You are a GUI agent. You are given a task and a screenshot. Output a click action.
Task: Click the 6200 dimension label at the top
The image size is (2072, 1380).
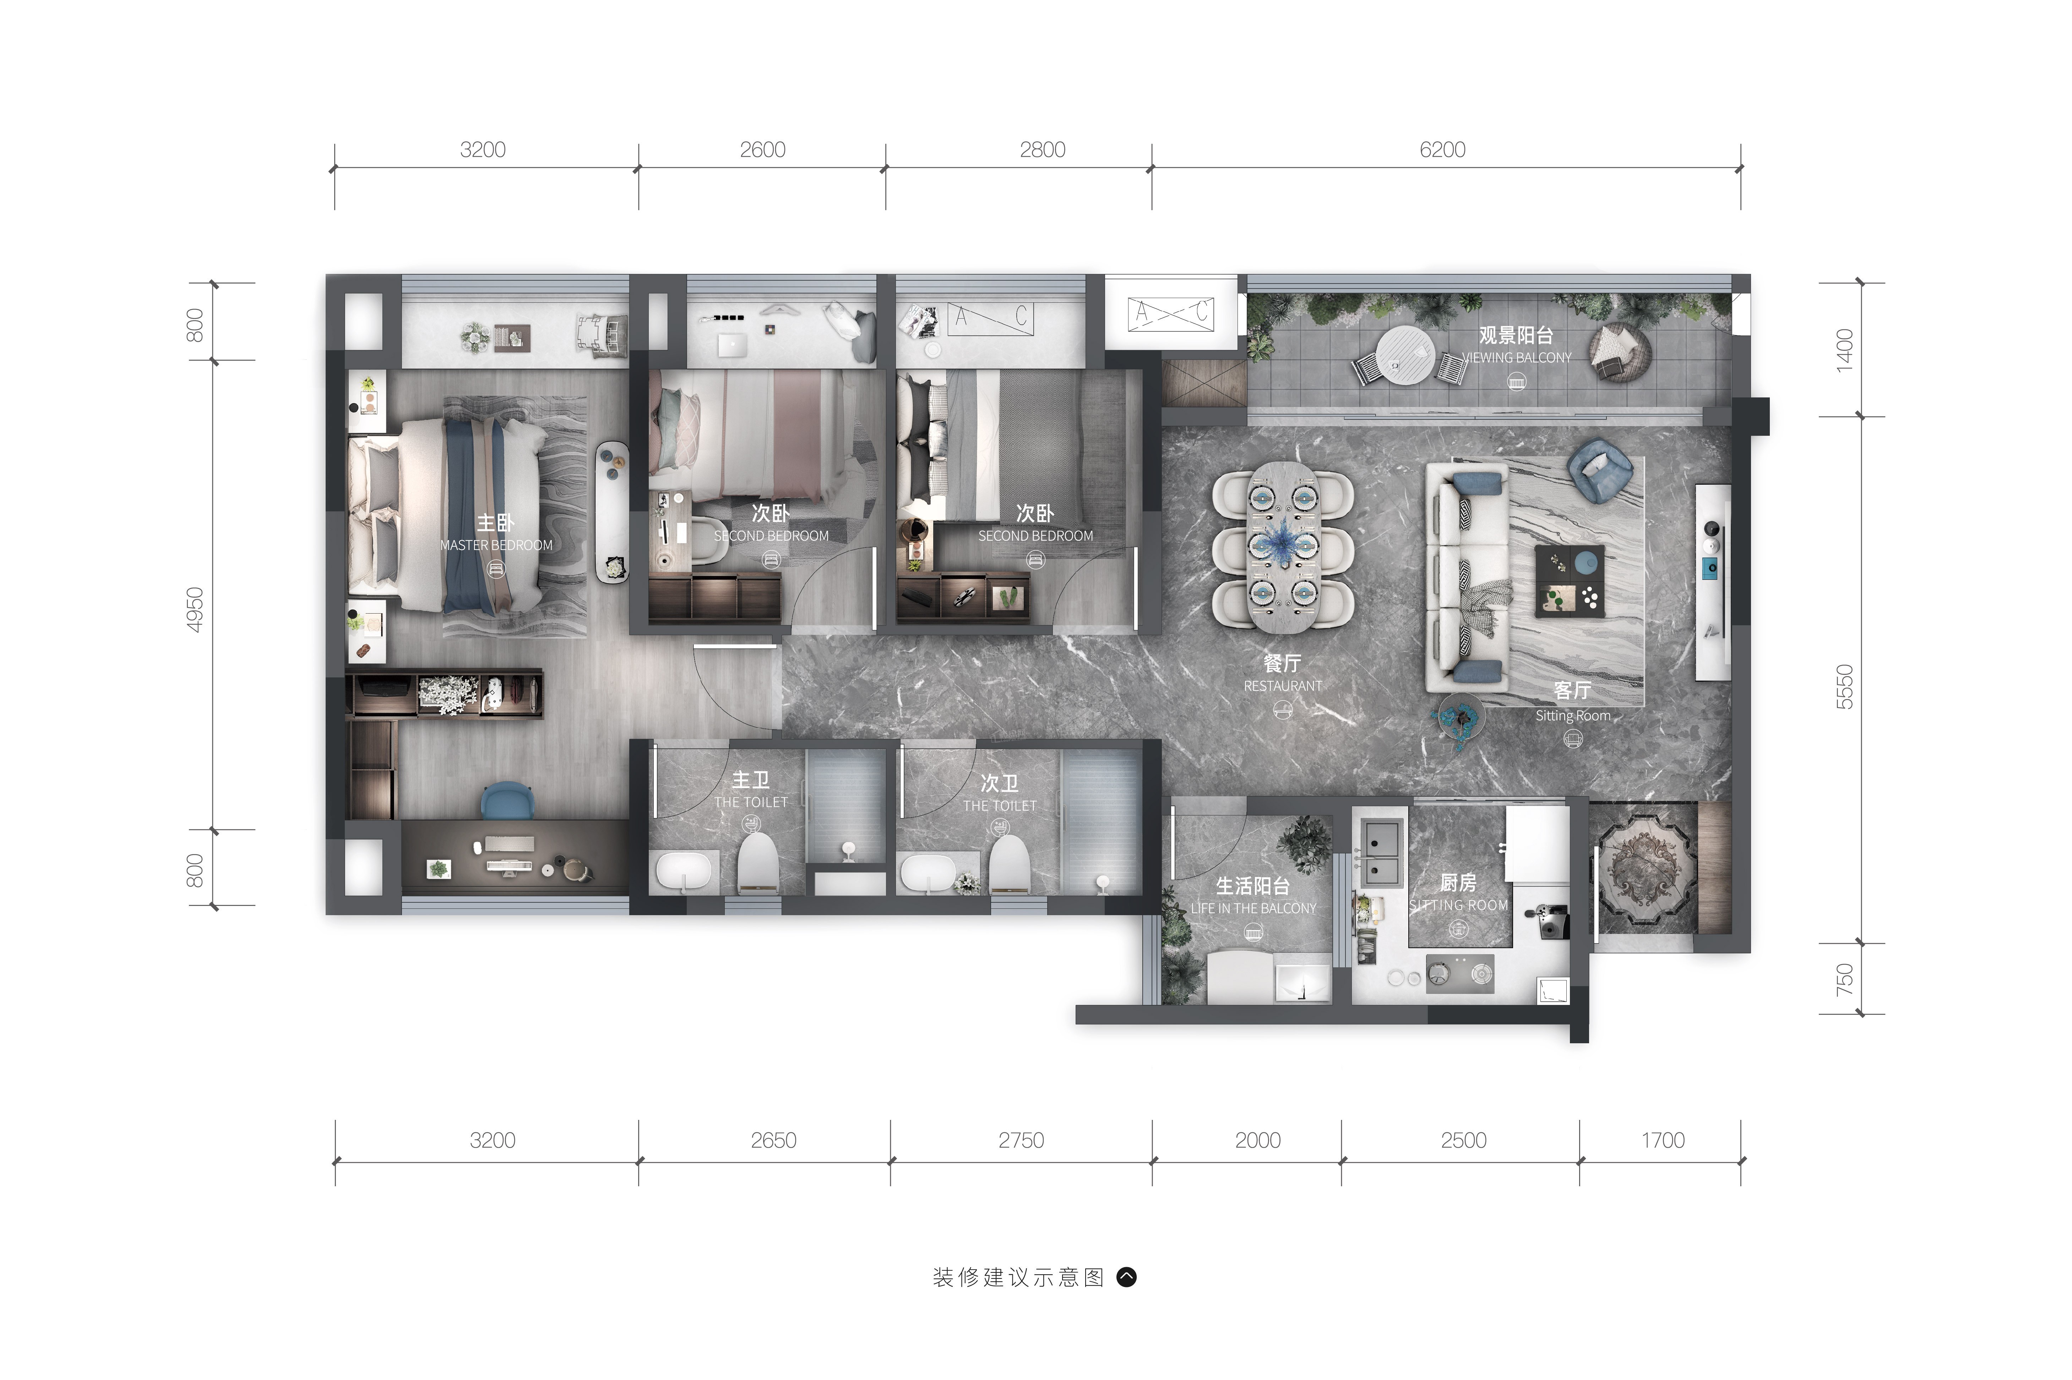1442,150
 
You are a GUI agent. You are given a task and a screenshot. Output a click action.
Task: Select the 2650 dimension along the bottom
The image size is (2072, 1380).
773,1140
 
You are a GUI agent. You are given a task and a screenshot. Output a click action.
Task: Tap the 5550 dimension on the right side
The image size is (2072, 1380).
1844,687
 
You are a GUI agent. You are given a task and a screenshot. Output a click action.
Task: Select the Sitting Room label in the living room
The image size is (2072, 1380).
1573,715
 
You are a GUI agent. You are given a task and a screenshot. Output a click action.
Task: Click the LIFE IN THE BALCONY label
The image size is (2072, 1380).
1253,908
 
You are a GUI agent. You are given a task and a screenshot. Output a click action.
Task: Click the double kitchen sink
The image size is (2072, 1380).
1381,852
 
